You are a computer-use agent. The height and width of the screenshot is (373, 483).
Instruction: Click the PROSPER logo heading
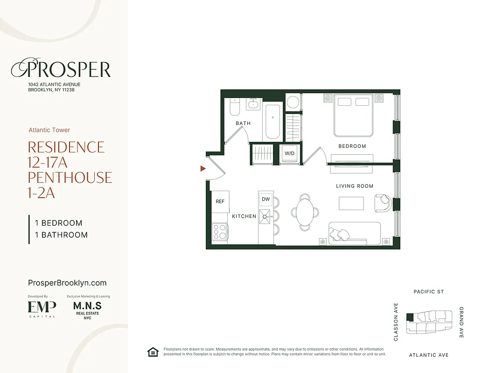(61, 69)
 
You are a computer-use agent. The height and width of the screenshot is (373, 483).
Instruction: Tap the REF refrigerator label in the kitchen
(220, 201)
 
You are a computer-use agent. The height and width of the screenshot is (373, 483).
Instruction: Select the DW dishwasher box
(266, 199)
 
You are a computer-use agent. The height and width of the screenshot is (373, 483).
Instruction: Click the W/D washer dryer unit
(289, 153)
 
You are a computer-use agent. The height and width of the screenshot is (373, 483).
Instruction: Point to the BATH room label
(243, 123)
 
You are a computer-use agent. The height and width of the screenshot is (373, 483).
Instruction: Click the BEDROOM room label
(352, 146)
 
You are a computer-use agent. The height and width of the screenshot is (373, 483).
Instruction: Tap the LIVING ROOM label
(355, 186)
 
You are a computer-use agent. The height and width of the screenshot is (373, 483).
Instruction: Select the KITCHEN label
(244, 216)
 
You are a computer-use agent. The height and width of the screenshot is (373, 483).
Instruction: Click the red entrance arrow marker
(203, 168)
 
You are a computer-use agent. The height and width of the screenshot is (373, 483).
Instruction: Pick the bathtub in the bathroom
(273, 122)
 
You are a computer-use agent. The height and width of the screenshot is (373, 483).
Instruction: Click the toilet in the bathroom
(234, 108)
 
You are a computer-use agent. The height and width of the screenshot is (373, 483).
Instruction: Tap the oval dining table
(305, 212)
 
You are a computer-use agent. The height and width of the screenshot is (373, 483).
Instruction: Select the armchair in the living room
(384, 203)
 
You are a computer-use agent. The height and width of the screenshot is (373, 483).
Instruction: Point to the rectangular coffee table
(351, 203)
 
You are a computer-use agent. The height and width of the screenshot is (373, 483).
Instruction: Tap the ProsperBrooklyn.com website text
(67, 283)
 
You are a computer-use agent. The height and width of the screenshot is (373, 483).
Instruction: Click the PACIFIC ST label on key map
(428, 292)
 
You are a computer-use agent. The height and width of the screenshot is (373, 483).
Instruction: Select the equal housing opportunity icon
(153, 352)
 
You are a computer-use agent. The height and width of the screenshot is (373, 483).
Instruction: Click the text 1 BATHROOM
(61, 235)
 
